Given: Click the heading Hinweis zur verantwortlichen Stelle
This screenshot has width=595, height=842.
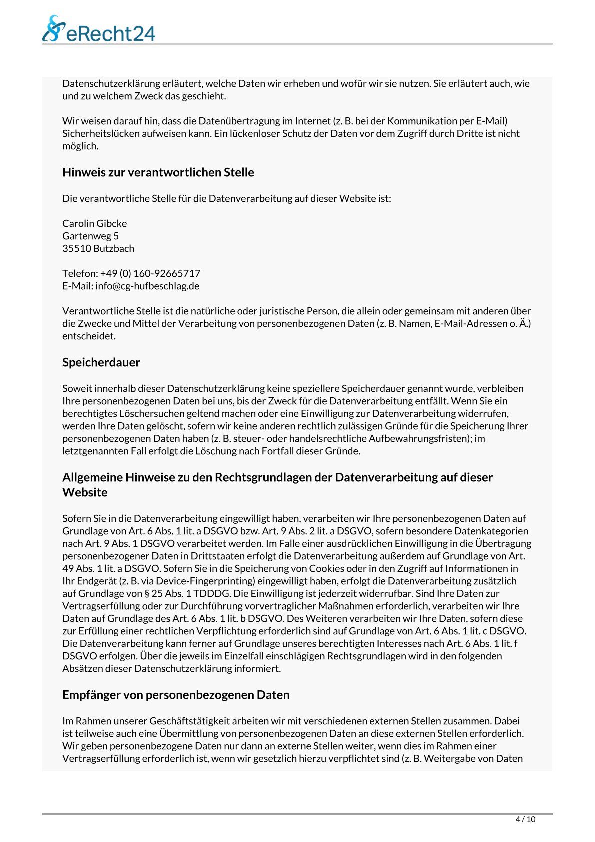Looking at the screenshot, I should click(x=158, y=172).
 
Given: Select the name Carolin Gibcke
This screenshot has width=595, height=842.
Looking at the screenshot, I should click(x=94, y=223).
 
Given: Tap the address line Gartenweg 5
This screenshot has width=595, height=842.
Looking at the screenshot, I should click(x=90, y=236).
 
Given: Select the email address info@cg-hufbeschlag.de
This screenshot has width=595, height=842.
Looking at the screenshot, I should click(x=147, y=286).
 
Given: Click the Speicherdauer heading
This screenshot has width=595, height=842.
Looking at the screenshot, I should click(x=101, y=362).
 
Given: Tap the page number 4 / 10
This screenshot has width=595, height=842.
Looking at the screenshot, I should click(x=525, y=819).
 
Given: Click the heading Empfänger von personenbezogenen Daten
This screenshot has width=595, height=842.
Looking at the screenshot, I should click(x=176, y=695).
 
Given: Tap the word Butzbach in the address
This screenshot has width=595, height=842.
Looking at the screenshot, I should click(x=114, y=248).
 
